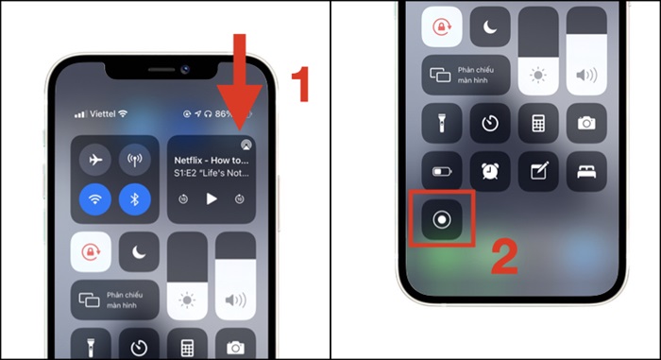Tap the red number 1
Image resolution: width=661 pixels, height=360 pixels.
tap(298, 85)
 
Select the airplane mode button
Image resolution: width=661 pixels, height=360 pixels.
tap(94, 161)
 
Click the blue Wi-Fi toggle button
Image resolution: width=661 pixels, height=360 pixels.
tap(94, 199)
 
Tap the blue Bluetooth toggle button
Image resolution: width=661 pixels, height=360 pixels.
tap(135, 199)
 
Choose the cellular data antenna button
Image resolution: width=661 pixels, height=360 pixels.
tap(135, 161)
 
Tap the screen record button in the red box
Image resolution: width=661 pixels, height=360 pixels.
tap(441, 217)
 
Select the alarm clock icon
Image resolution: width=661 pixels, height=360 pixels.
tap(490, 171)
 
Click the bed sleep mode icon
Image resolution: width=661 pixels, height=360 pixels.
tap(585, 171)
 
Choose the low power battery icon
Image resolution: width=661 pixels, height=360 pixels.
tap(441, 171)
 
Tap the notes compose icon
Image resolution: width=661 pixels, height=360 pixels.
tap(538, 171)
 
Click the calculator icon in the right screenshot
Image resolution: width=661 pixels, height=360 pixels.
tap(538, 123)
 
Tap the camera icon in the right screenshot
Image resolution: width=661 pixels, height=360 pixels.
tap(585, 123)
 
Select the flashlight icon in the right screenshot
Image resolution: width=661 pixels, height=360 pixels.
tap(441, 123)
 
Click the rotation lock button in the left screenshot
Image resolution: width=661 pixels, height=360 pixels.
tap(91, 251)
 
